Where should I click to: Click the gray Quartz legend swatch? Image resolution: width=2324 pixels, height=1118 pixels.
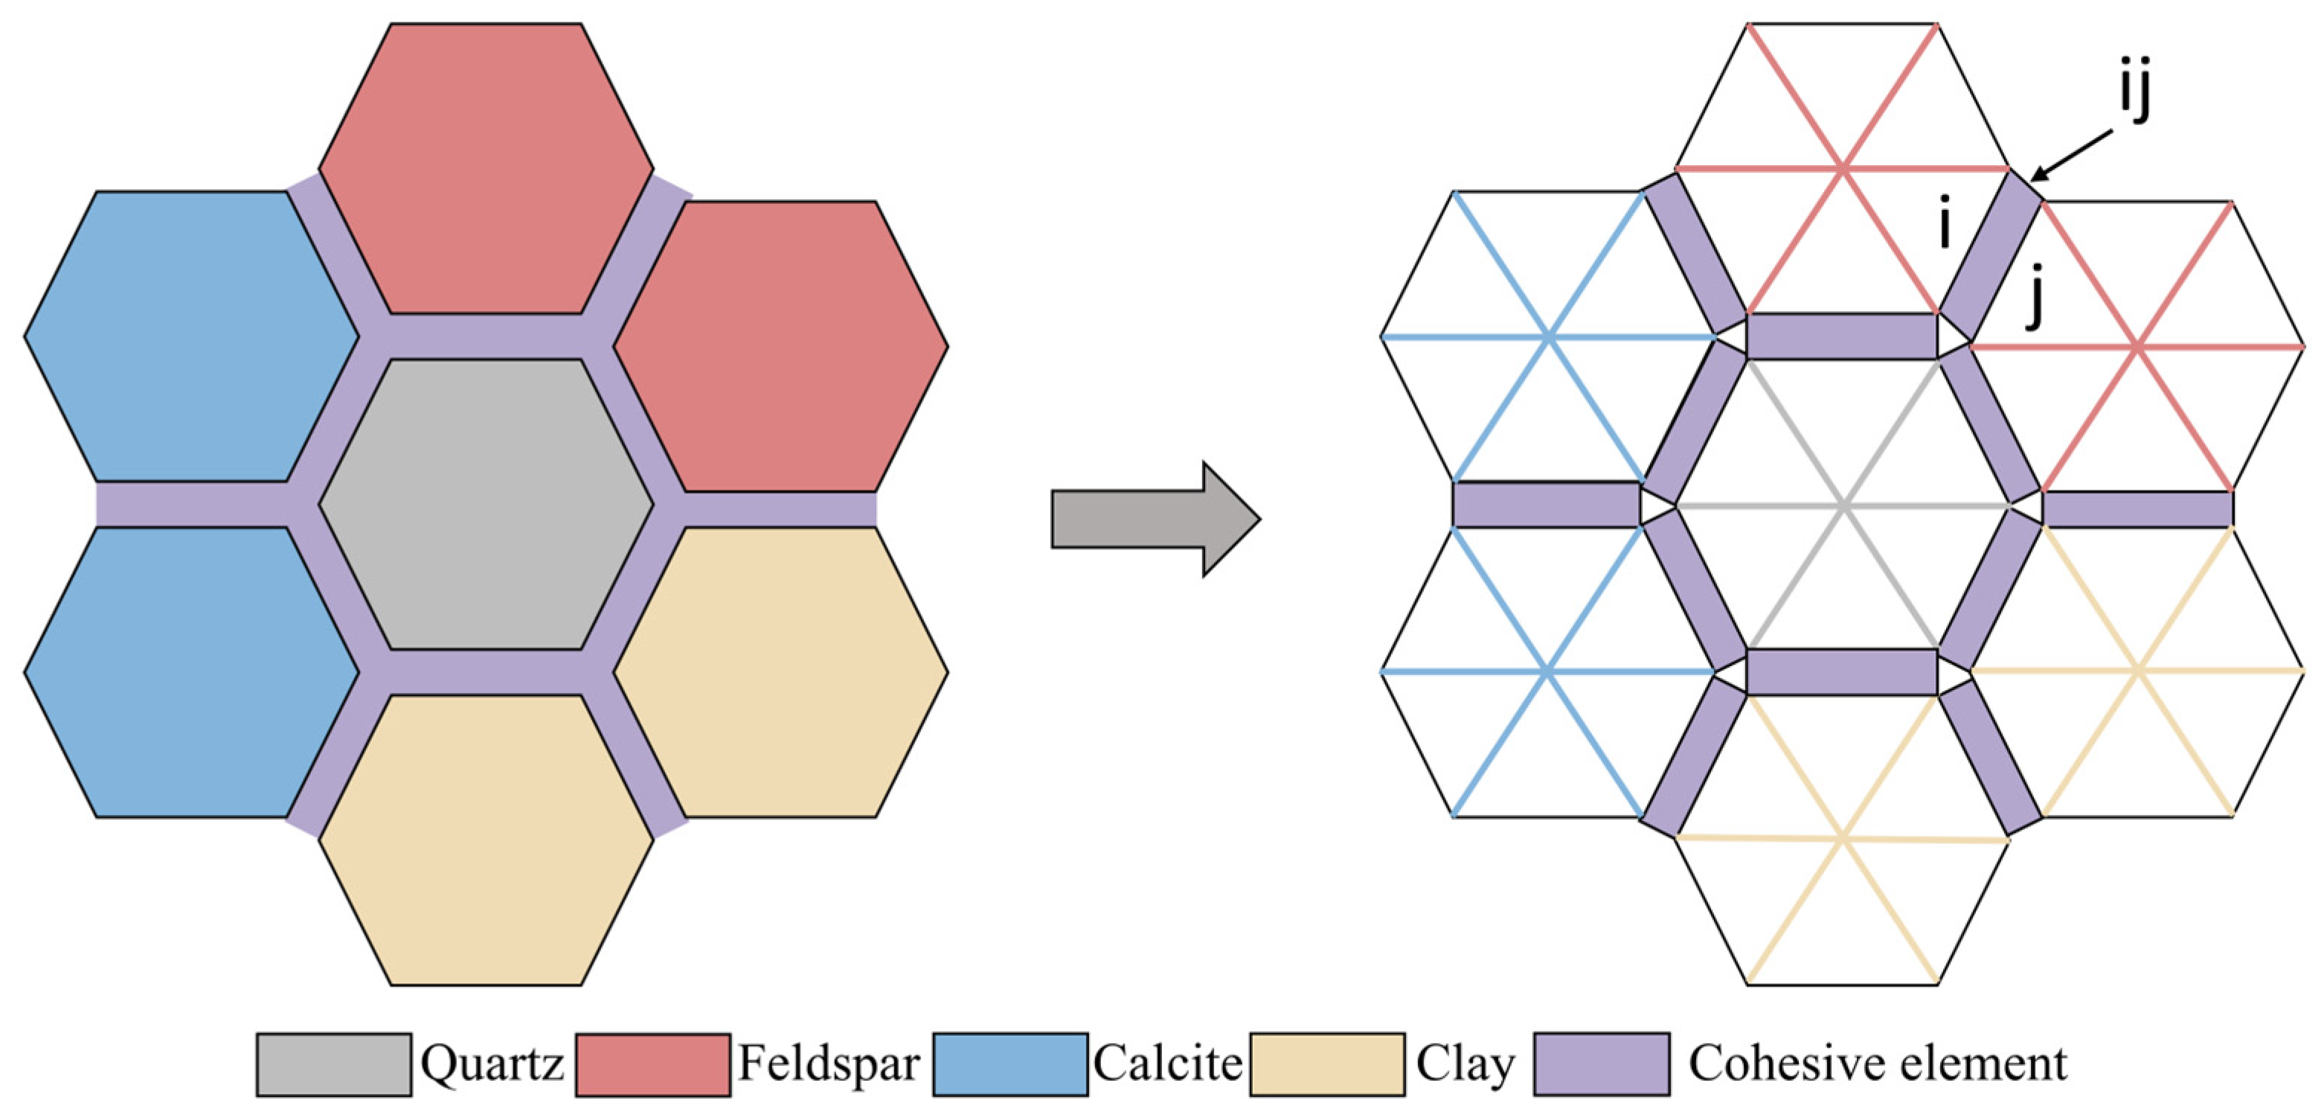[334, 1064]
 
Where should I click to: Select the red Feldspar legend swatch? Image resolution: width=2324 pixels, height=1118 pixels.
[652, 1064]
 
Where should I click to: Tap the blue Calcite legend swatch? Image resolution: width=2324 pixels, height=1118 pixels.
[1009, 1064]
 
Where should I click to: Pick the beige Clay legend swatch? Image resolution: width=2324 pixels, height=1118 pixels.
[1327, 1064]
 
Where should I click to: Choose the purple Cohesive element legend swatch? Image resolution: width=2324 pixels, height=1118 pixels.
[1602, 1064]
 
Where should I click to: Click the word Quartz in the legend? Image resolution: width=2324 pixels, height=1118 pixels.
[492, 1064]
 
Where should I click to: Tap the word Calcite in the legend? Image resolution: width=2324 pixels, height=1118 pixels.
[1167, 1064]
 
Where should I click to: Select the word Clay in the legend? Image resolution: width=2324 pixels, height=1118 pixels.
[1465, 1064]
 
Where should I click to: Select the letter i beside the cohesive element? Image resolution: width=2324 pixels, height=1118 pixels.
[1945, 226]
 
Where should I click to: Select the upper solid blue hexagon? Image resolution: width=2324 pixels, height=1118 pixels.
[191, 336]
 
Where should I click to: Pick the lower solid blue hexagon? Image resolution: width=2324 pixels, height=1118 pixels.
[191, 672]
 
